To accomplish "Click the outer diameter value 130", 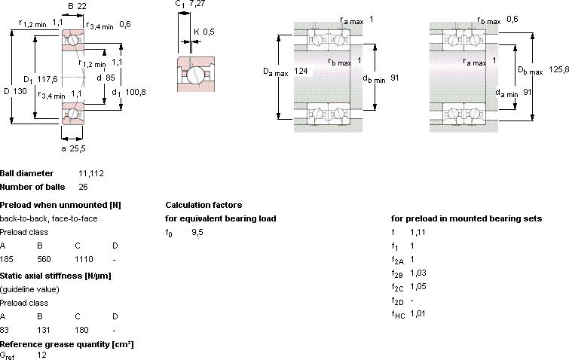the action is point(20,91).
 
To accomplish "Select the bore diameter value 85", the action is point(110,78).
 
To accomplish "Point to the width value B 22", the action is point(82,6).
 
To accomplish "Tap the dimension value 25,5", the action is point(78,148).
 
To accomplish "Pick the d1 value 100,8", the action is point(136,92).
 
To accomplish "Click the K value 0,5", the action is point(209,32).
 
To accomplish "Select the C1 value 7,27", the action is point(197,4).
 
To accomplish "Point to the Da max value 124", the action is point(301,71).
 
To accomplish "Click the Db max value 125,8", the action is point(559,69).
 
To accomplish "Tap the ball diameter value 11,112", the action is point(91,174).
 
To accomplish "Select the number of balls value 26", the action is point(83,187).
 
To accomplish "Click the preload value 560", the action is point(44,259).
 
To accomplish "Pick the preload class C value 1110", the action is point(84,259).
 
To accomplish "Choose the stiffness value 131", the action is point(43,330).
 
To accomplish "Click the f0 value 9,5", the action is point(197,232).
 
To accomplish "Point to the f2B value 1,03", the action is point(418,273).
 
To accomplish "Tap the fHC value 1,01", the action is point(418,313).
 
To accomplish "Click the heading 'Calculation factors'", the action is point(203,205).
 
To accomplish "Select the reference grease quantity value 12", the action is point(41,355).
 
